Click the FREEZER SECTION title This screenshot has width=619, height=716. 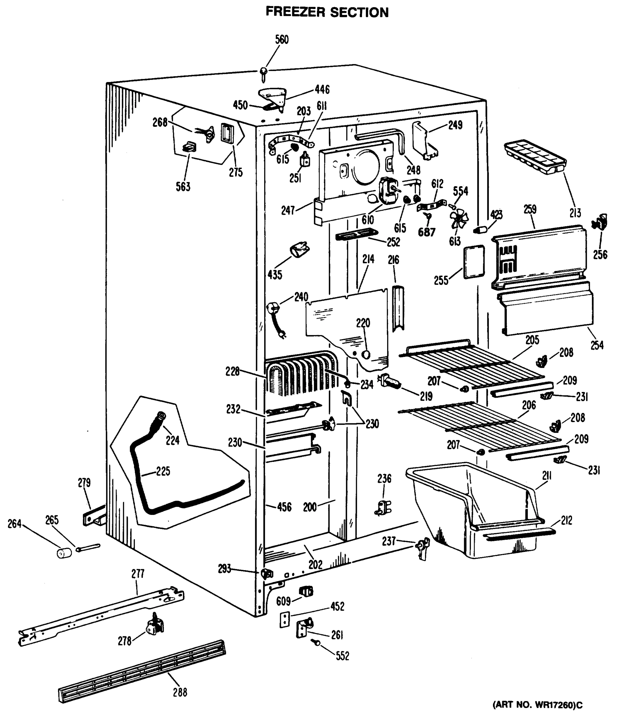(327, 12)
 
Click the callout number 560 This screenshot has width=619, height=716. (282, 39)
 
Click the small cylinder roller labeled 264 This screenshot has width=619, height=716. (64, 553)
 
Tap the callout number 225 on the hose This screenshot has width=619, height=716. (163, 471)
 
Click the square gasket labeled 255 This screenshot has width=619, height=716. (474, 262)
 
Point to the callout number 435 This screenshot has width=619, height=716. (275, 275)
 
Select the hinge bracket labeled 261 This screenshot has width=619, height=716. (304, 627)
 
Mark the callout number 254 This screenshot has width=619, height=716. (597, 345)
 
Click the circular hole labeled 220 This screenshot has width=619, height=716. (366, 354)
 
